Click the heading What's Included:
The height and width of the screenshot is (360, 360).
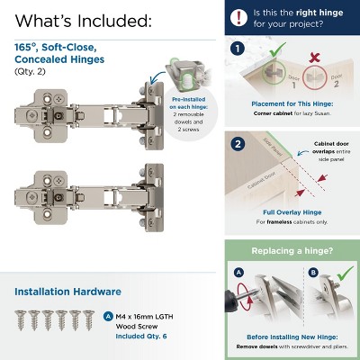(83, 20)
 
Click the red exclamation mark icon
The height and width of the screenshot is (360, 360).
(238, 16)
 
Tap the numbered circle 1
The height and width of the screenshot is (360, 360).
(238, 50)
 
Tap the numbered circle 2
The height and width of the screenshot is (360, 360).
(238, 144)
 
